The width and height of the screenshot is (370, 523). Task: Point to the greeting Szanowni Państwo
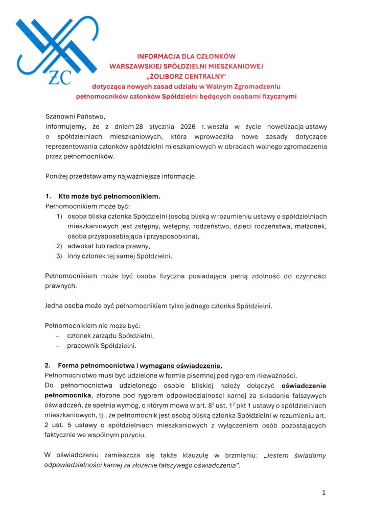(75, 116)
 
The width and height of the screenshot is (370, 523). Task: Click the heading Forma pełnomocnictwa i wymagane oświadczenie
(140, 365)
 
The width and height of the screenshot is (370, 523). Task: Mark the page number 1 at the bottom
(323, 493)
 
